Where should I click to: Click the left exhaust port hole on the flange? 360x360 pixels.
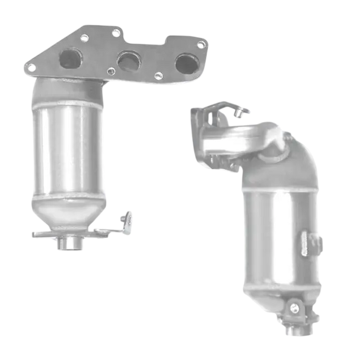tap(69, 58)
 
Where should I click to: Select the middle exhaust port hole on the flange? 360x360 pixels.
tap(128, 62)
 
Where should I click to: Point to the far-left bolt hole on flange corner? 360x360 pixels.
tap(32, 66)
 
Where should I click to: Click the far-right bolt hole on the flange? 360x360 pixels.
tap(202, 45)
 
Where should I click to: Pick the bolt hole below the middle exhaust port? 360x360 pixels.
tap(110, 71)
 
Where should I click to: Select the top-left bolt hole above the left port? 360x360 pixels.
tap(84, 37)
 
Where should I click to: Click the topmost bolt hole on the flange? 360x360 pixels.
tap(116, 32)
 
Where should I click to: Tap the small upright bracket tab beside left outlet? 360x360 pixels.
tap(126, 221)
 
